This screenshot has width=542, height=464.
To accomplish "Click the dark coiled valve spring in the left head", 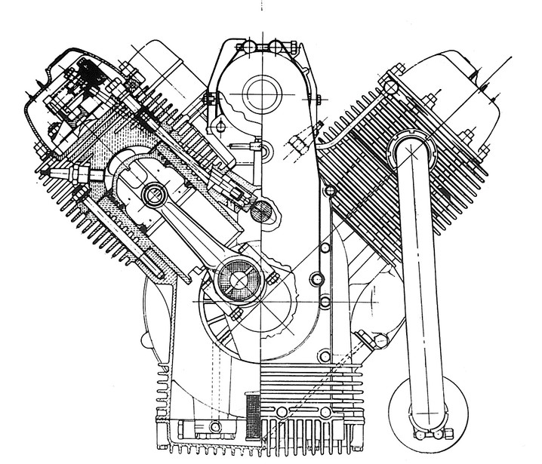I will click(x=89, y=75).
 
